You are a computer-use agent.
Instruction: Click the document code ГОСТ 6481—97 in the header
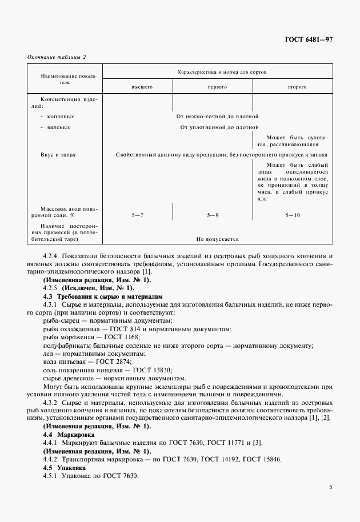(309, 39)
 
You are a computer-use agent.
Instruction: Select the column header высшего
(141, 87)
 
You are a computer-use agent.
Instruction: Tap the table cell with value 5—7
(137, 215)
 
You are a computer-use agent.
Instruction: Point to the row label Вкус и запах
(58, 154)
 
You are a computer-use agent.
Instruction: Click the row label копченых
(61, 116)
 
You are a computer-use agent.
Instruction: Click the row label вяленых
(60, 127)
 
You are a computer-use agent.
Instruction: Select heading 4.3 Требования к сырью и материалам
(103, 296)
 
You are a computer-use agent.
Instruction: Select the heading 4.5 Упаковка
(65, 468)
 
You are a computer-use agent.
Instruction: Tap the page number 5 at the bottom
(331, 487)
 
